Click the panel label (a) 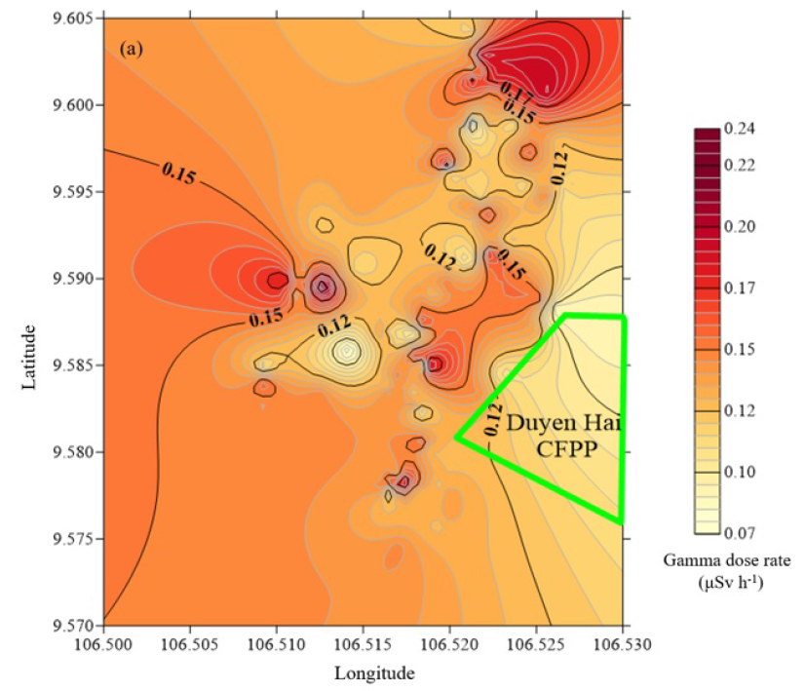131,47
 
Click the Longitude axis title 375,672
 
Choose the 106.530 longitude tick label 624,644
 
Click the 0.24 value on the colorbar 741,130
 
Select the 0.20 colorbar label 741,226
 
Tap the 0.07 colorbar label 741,532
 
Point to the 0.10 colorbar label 741,472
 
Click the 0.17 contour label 515,95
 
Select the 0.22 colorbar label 741,166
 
